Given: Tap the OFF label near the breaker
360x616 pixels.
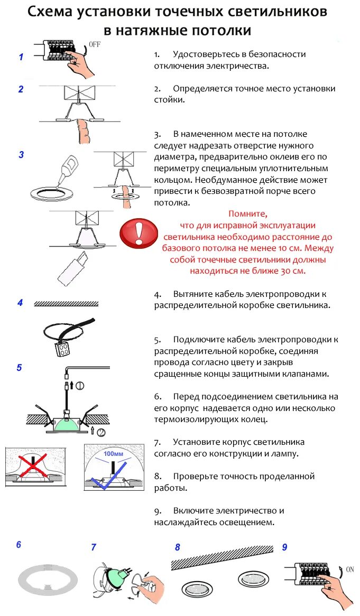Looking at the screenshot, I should pos(95,44).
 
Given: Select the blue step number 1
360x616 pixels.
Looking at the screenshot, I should pos(21,57).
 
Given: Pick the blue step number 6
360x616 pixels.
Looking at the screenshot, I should pos(19,544).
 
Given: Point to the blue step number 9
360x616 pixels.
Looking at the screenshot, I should pos(284,547).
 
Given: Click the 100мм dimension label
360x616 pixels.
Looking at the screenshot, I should pos(113,453).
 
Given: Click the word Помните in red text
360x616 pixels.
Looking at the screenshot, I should pos(248,214).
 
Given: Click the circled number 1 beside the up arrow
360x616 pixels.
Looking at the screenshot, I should pos(80,385).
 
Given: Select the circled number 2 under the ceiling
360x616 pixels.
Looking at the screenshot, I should pos(101,432).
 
